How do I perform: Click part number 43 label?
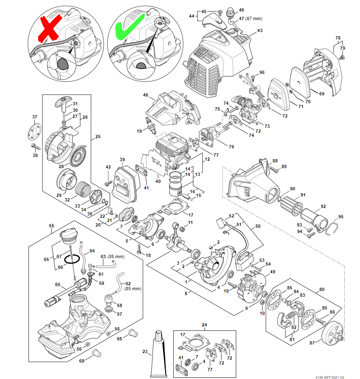tap(260, 31)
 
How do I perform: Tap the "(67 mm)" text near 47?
tap(253, 19)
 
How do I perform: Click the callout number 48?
tap(146, 95)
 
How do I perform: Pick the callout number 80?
tap(321, 289)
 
